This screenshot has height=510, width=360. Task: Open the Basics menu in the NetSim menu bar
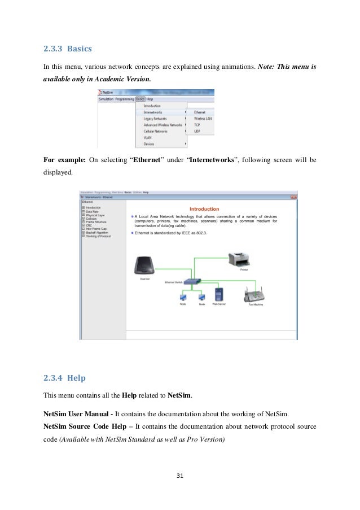point(139,99)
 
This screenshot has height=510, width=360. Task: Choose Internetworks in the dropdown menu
point(153,112)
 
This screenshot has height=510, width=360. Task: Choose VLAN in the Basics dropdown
point(147,137)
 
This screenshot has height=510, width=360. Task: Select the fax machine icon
point(254,295)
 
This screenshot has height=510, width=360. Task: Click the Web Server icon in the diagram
point(219,294)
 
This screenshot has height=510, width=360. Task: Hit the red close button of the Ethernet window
point(293,197)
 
